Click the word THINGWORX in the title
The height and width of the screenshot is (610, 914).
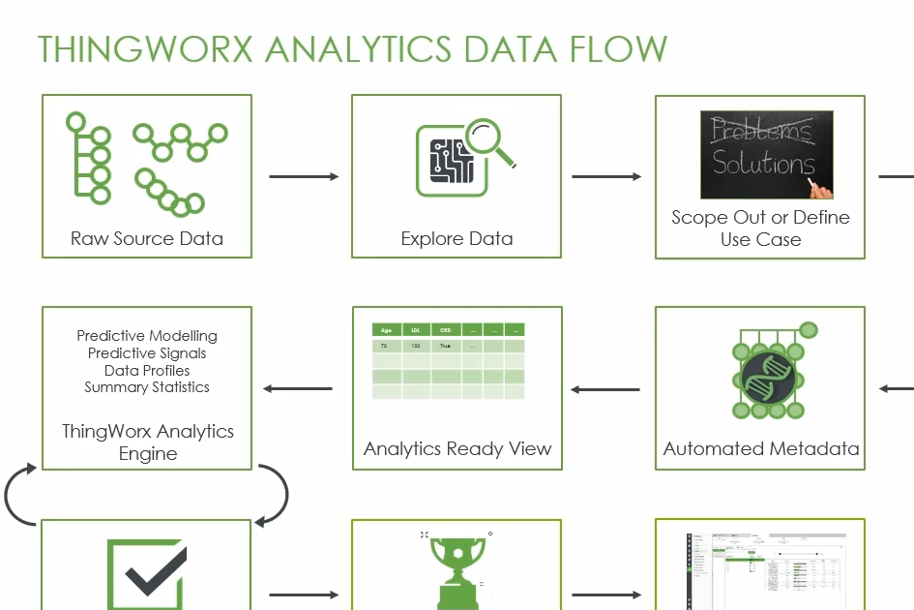coord(145,49)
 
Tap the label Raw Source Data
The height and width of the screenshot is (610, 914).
coord(147,239)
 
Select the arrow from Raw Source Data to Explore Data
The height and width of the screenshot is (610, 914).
coord(304,176)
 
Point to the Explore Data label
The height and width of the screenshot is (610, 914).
coord(457,239)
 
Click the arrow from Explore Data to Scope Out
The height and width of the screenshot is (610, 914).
coord(606,176)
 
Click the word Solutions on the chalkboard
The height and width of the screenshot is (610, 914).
coord(764,163)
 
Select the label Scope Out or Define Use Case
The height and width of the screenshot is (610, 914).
coord(760,229)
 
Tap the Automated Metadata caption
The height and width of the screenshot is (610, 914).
coord(761,449)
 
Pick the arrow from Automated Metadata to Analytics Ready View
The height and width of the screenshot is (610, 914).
coord(605,390)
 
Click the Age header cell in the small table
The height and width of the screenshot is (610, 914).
coord(386,330)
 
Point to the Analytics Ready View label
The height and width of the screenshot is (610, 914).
coord(457,449)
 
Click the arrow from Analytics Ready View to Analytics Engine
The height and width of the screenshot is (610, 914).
coord(298,389)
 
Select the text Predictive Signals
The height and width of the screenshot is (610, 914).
coord(147,353)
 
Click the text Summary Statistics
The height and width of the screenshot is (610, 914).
coord(147,387)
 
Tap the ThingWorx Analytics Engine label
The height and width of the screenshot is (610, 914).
coord(148,442)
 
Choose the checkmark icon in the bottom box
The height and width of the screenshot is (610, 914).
coord(147,571)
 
